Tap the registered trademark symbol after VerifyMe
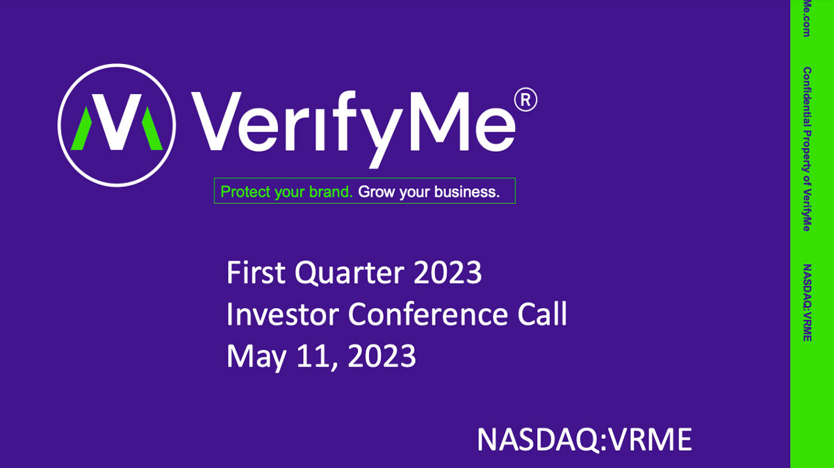point(525,100)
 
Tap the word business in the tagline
point(466,192)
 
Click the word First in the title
point(256,273)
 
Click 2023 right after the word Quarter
point(448,273)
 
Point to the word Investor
point(283,314)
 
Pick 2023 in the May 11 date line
point(382,357)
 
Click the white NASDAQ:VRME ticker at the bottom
point(584,439)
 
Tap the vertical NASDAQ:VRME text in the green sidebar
point(807,302)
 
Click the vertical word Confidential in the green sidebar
point(807,95)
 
